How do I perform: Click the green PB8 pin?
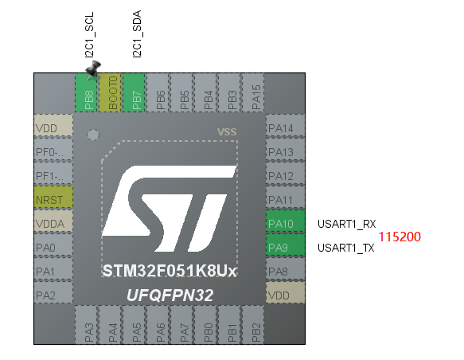pyautogui.click(x=86, y=92)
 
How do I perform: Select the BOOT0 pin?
pyautogui.click(x=110, y=92)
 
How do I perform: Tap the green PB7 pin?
pyautogui.click(x=134, y=92)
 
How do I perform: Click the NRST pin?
pyautogui.click(x=53, y=198)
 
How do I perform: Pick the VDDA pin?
pyautogui.click(x=53, y=221)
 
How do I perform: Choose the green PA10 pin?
pyautogui.click(x=285, y=221)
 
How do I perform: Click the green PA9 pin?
pyautogui.click(x=285, y=245)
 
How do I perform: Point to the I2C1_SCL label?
pyautogui.click(x=89, y=34)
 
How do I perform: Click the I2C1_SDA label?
pyautogui.click(x=137, y=34)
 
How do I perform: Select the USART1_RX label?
pyautogui.click(x=346, y=224)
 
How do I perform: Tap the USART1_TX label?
pyautogui.click(x=346, y=248)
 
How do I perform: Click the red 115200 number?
pyautogui.click(x=400, y=237)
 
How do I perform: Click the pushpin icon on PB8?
pyautogui.click(x=93, y=69)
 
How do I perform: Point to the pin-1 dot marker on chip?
pyautogui.click(x=93, y=135)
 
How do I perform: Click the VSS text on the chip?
pyautogui.click(x=227, y=131)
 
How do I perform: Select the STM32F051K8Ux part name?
pyautogui.click(x=170, y=271)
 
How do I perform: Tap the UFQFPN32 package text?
pyautogui.click(x=170, y=295)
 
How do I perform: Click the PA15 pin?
pyautogui.click(x=253, y=92)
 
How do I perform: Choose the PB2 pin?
pyautogui.click(x=253, y=325)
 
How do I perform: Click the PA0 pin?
pyautogui.click(x=53, y=245)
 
